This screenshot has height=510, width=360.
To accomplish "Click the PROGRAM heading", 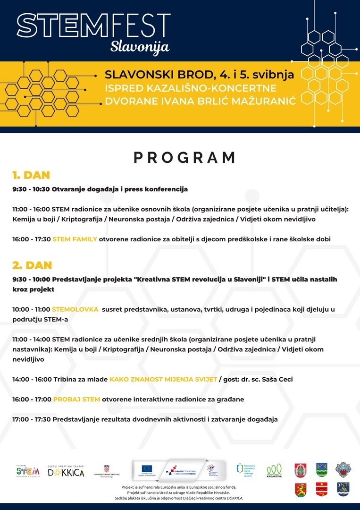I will tap(184, 157).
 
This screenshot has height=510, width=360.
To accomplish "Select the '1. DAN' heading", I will tap(31, 175).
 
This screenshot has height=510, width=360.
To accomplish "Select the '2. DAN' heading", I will tap(32, 265).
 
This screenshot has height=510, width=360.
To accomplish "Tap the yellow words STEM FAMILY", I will tap(75, 239).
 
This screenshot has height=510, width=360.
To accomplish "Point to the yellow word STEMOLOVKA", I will tap(75, 309).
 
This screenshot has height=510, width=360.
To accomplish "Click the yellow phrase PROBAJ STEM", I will tap(76, 399).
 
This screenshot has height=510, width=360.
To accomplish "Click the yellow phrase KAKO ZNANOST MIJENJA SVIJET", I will tap(163, 379).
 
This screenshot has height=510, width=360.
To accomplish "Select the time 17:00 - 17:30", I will tap(32, 419).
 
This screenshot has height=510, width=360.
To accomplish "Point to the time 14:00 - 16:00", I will tap(32, 379).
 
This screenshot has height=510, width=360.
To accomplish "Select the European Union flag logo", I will tap(147, 469).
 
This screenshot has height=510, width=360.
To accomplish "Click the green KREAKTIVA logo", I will tap(274, 470).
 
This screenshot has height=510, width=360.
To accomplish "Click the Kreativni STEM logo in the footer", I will tap(28, 470).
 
